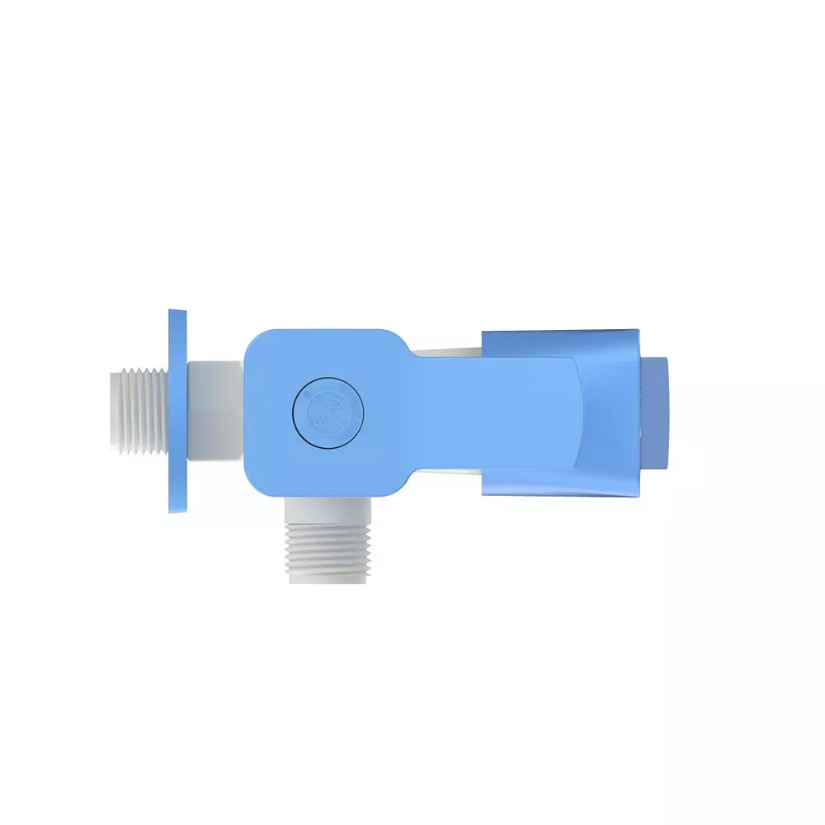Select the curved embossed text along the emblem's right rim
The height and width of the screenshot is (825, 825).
click(x=351, y=411)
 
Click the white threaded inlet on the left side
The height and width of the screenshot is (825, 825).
click(x=139, y=410)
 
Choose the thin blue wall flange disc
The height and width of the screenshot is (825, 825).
click(x=177, y=411)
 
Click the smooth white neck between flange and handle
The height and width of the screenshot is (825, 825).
click(x=214, y=410)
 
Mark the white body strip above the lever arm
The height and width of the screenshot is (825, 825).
click(x=445, y=352)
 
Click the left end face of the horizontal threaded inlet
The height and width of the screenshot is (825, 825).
click(x=113, y=410)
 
